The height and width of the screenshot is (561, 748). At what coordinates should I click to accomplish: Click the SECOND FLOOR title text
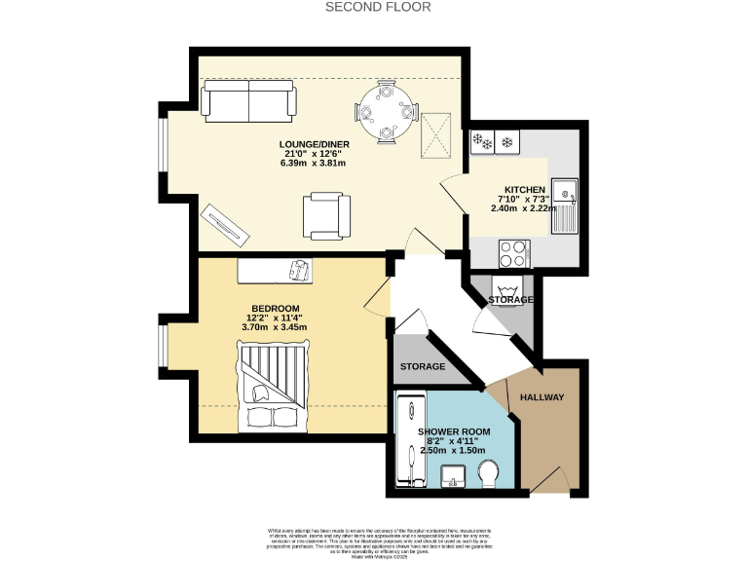(x=378, y=7)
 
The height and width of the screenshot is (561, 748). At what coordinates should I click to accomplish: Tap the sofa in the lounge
(x=248, y=100)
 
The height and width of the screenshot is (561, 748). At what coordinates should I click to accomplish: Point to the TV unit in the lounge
(x=226, y=226)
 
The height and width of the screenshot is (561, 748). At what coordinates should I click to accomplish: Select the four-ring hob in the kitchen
(x=513, y=254)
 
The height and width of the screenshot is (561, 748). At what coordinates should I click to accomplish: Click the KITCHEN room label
(x=524, y=189)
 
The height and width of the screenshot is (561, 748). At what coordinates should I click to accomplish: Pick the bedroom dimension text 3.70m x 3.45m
(x=274, y=327)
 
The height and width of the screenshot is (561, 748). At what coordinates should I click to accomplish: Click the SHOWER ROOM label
(x=453, y=430)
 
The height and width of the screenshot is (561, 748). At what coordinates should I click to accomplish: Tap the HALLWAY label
(x=542, y=397)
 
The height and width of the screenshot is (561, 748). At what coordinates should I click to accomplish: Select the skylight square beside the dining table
(x=433, y=136)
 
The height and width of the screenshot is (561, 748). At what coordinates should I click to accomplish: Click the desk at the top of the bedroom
(x=277, y=270)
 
